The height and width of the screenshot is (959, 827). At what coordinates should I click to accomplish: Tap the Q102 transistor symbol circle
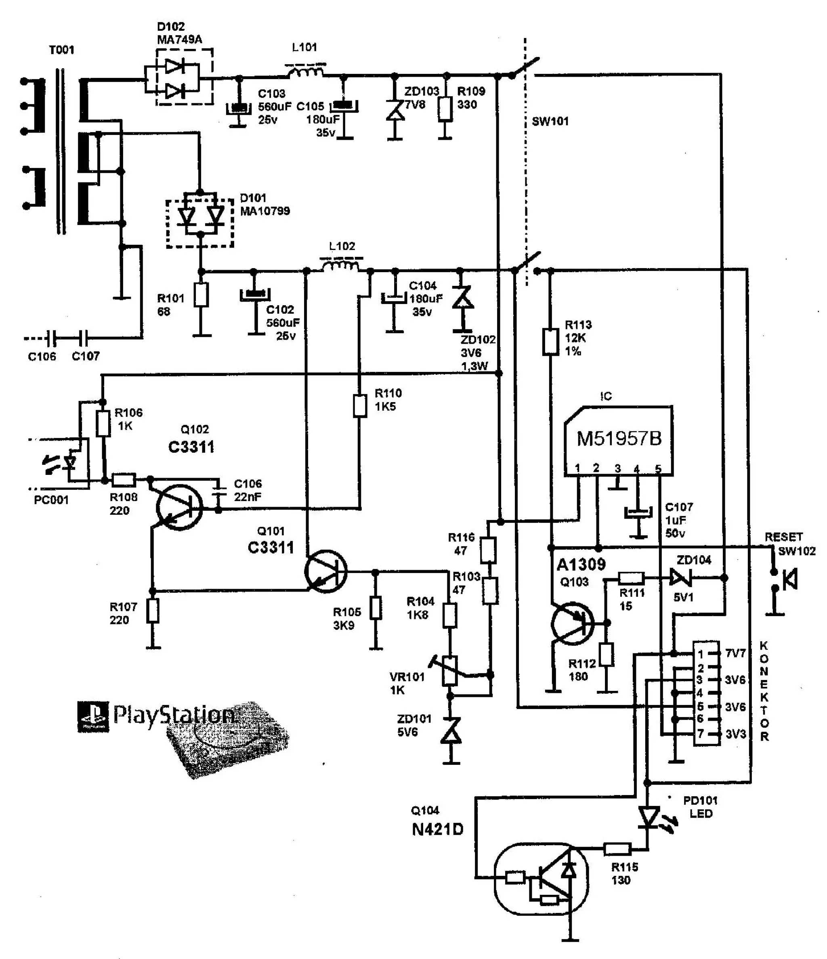point(180,507)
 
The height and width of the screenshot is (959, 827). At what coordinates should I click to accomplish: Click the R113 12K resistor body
point(550,342)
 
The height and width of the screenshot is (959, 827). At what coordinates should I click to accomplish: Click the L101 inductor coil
point(305,72)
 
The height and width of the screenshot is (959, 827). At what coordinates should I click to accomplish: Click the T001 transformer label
point(61,50)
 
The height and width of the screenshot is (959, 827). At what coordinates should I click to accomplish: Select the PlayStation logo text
point(174,715)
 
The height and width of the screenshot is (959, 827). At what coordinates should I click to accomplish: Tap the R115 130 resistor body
point(617,848)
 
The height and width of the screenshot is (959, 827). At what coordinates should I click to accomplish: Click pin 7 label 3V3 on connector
point(735,734)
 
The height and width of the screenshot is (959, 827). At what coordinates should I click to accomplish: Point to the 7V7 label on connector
point(735,653)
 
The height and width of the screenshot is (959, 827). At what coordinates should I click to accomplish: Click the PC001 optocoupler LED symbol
point(70,462)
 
